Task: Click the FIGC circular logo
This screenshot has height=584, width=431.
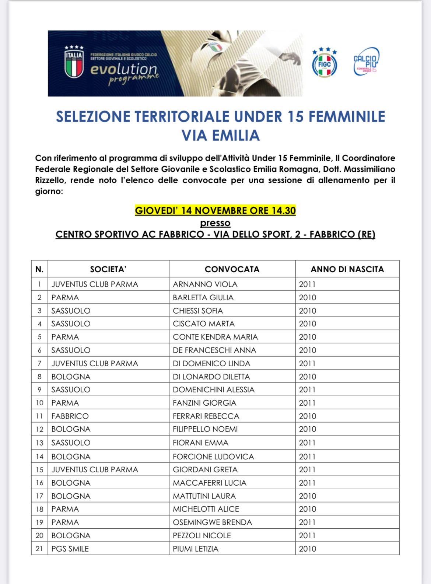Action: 324,63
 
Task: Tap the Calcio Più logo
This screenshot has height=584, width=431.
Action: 366,62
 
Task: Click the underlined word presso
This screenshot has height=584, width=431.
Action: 215,223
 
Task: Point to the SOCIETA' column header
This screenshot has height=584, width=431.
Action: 108,269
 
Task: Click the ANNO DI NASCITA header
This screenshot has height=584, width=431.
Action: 347,269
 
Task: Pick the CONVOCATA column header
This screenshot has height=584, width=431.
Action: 232,269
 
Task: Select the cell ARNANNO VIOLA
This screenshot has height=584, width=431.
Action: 205,284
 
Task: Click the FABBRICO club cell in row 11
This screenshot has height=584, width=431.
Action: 70,416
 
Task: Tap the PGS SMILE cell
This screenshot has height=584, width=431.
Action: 70,549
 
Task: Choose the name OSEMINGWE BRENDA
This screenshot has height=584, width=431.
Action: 213,522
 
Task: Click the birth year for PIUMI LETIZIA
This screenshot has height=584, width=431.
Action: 308,549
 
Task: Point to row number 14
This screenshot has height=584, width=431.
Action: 39,457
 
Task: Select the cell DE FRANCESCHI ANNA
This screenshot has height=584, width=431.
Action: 214,350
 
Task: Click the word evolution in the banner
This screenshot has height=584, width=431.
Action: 124,69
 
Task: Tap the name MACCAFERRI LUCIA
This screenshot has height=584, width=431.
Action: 210,483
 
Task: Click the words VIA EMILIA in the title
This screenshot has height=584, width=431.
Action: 221,135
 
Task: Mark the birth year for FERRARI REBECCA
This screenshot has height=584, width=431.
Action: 308,416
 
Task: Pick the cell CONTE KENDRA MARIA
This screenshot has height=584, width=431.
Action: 215,337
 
